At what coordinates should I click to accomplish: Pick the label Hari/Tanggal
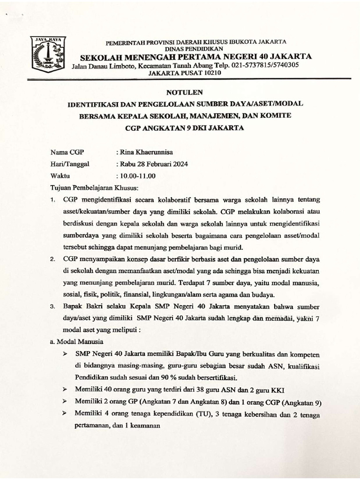pos(69,164)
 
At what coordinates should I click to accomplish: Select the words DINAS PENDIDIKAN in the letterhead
pos(196,48)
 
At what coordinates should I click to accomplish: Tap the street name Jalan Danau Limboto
pos(99,66)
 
